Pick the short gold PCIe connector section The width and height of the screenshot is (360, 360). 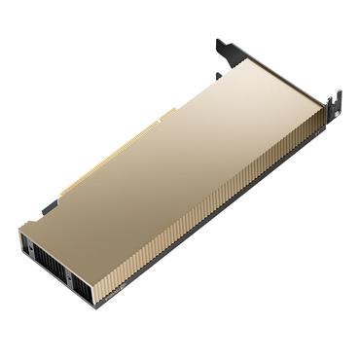point(166,114)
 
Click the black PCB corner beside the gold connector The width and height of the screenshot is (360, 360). point(50,206)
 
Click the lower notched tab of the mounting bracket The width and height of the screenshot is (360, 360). point(337,101)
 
